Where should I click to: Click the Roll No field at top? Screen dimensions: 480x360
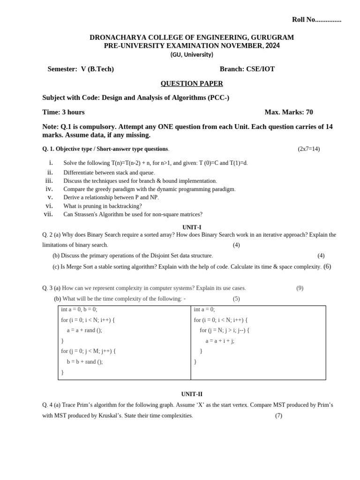pyautogui.click(x=316, y=19)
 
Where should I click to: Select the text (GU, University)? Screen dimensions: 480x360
pyautogui.click(x=192, y=55)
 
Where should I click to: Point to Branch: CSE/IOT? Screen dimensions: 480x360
pyautogui.click(x=247, y=69)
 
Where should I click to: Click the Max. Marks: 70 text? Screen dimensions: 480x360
pyautogui.click(x=289, y=112)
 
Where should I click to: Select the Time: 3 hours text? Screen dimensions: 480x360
pyautogui.click(x=64, y=112)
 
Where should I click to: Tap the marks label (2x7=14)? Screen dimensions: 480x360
pyautogui.click(x=308, y=149)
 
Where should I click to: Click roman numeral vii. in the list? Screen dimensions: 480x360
pyautogui.click(x=48, y=214)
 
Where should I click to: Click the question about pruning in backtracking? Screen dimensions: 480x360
pyautogui.click(x=103, y=206)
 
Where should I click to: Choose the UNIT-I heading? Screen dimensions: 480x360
pyautogui.click(x=192, y=227)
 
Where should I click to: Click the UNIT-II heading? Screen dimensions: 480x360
pyautogui.click(x=192, y=394)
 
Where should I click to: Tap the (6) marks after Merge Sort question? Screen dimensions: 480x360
pyautogui.click(x=327, y=266)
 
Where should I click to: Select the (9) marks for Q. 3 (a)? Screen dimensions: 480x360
pyautogui.click(x=300, y=288)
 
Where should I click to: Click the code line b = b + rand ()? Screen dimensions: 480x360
pyautogui.click(x=85, y=361)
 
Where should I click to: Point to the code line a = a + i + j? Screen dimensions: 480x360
pyautogui.click(x=220, y=341)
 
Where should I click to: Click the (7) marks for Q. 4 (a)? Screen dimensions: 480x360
pyautogui.click(x=278, y=415)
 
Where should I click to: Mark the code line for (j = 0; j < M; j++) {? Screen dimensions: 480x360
pyautogui.click(x=88, y=351)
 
